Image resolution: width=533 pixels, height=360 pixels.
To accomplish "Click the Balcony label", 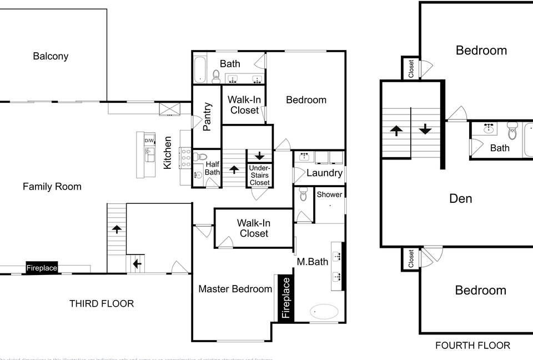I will tap(51, 56).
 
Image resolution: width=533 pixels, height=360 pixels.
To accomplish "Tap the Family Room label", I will tap(52, 187).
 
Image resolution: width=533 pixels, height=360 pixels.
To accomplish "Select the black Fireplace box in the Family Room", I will tap(42, 268).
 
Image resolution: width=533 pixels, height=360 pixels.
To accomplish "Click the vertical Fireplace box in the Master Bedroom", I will tap(286, 298).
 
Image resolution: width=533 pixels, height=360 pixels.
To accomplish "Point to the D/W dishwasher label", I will tap(149, 141).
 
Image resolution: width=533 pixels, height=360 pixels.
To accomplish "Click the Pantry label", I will tap(207, 116).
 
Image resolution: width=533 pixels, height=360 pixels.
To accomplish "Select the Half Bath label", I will tap(213, 168).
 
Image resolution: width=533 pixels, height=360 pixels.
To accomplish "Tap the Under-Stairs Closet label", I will tap(259, 175).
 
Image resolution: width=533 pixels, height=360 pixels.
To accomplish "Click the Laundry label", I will tap(324, 173).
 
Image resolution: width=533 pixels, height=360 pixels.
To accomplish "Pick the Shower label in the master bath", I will tap(329, 194).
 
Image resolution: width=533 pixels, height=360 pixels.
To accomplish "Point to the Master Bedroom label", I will tap(235, 289).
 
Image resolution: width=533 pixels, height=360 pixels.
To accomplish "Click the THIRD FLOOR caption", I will tap(102, 304).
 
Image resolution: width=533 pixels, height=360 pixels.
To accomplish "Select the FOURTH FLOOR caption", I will tap(472, 346).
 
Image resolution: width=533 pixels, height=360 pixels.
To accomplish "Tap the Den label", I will tap(461, 198).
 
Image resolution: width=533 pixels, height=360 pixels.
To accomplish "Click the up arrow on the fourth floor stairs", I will tap(396, 131).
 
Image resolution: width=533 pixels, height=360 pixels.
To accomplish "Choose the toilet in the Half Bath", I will tap(201, 157).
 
